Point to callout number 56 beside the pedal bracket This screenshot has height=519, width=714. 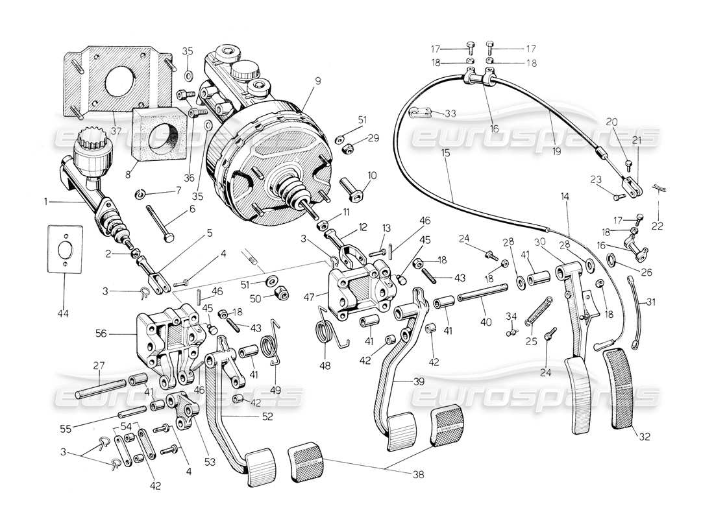coord(117,333)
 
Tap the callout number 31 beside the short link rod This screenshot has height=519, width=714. coord(650,302)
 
